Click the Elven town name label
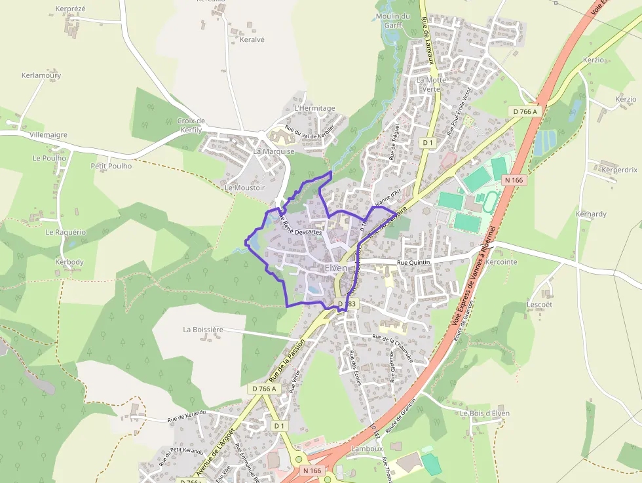pos(336,268)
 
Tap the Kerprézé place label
pos(71,9)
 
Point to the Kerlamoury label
pos(41,75)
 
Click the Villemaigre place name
pos(48,135)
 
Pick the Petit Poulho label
pos(111,166)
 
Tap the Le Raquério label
pos(66,232)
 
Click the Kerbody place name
pos(69,262)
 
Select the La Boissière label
pos(204,330)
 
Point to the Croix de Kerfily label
pos(191,125)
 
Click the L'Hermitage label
pos(314,108)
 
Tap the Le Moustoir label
pos(244,187)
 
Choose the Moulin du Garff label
pos(393,21)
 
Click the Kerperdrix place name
pos(619,170)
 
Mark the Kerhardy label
pos(591,214)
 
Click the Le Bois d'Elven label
pos(485,414)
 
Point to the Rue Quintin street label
pos(415,262)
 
